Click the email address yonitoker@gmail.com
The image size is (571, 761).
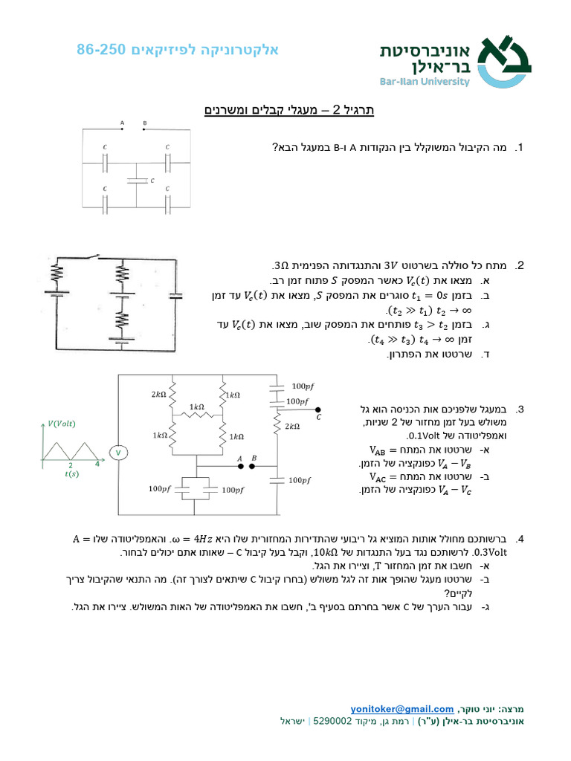pyautogui.click(x=402, y=709)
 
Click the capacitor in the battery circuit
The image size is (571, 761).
pyautogui.click(x=175, y=296)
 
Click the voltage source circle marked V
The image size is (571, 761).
pyautogui.click(x=117, y=453)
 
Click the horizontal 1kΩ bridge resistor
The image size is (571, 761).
pyautogui.click(x=197, y=416)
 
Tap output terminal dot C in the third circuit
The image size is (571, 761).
pyautogui.click(x=317, y=409)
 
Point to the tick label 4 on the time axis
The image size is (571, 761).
pyautogui.click(x=97, y=464)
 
